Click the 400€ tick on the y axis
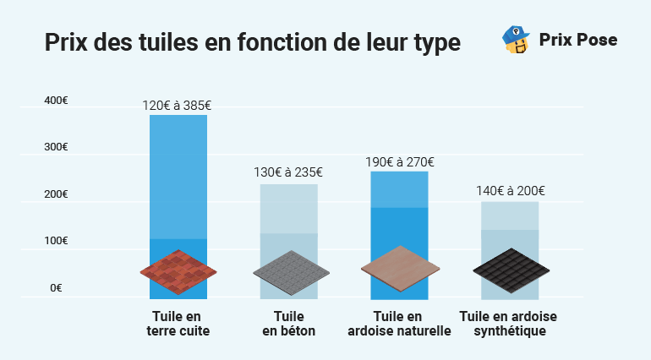click(x=57, y=101)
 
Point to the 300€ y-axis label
click(x=57, y=147)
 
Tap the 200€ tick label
click(x=57, y=194)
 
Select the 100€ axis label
click(x=57, y=241)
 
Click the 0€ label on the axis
click(x=57, y=288)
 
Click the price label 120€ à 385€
click(x=177, y=106)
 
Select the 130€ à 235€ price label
click(x=288, y=172)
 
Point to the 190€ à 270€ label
click(x=399, y=161)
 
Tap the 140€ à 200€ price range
click(x=510, y=191)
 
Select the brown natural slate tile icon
click(x=400, y=269)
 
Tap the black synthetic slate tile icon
click(x=510, y=271)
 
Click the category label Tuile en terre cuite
click(x=178, y=324)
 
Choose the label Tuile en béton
click(x=288, y=324)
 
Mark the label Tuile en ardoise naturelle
click(x=399, y=324)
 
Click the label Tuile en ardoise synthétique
click(x=509, y=324)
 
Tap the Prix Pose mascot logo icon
click(x=516, y=40)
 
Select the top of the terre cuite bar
click(x=178, y=117)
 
